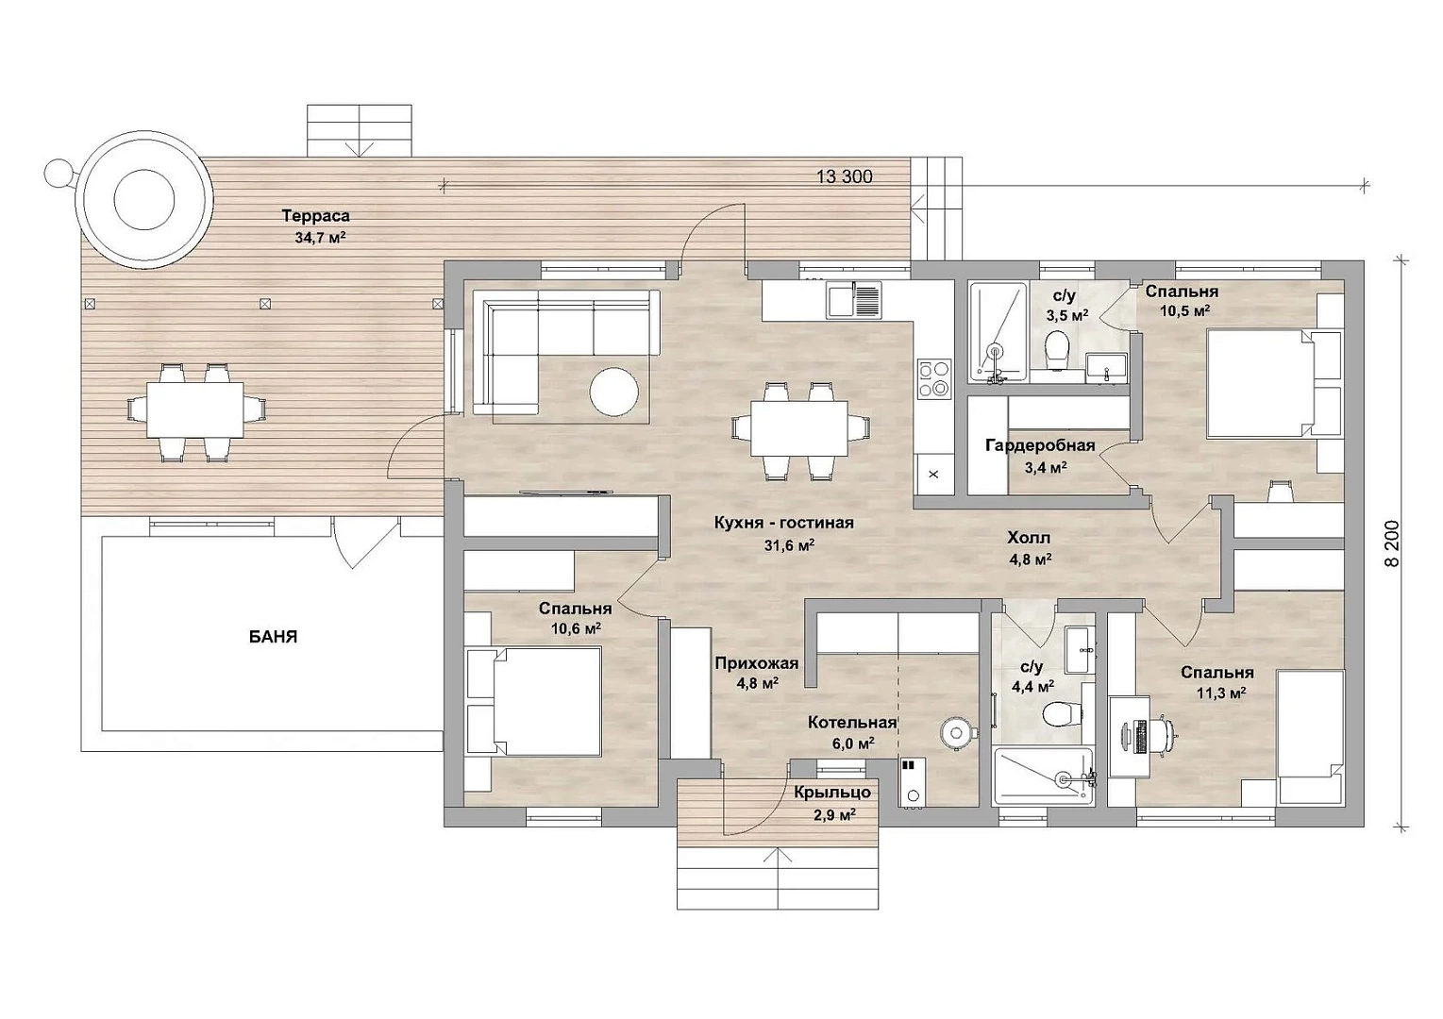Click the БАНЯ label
(273, 637)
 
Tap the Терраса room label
(315, 216)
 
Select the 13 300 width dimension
(844, 176)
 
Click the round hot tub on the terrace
(144, 200)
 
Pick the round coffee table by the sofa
(614, 391)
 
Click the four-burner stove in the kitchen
(934, 378)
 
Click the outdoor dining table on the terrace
(195, 409)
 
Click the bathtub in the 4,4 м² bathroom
(1044, 777)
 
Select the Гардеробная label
(1040, 445)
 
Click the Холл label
(1029, 537)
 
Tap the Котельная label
(852, 723)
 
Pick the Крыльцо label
(832, 793)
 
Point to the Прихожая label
(757, 663)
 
